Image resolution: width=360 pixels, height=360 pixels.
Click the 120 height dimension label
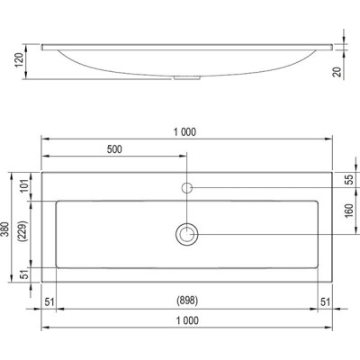19,60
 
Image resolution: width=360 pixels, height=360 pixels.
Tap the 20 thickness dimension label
337,72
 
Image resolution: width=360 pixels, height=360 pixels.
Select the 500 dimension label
114,149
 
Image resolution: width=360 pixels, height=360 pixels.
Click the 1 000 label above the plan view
185,131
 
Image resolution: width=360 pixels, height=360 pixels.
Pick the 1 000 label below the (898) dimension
187,320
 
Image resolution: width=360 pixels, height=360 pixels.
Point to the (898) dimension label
187,301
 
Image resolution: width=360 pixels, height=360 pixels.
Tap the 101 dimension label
25,185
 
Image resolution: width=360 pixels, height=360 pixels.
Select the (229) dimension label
22,231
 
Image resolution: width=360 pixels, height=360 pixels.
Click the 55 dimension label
350,179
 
